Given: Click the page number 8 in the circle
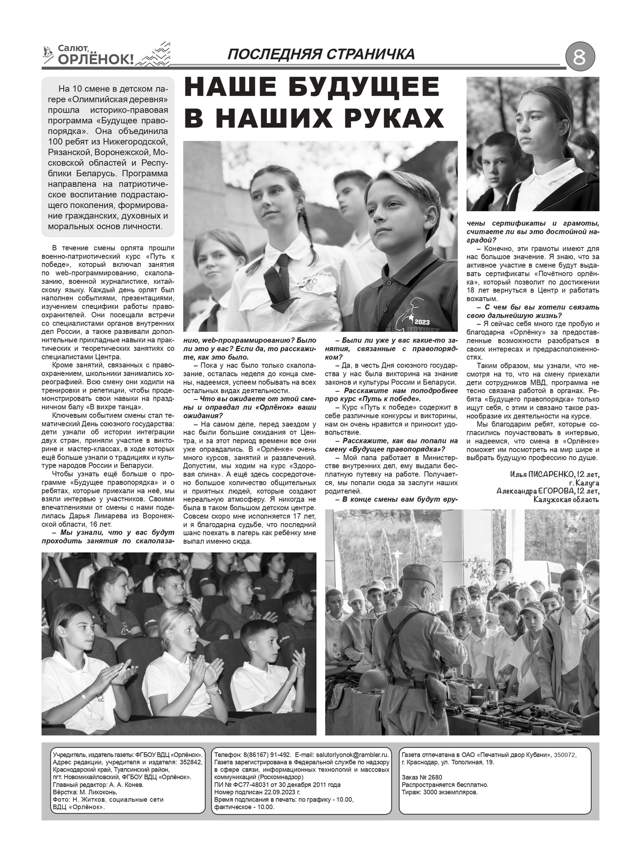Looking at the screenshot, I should click(580, 58).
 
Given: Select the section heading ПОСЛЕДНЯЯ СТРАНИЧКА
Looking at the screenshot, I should click(321, 54).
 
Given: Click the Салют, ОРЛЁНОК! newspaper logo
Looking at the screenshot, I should click(96, 55).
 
